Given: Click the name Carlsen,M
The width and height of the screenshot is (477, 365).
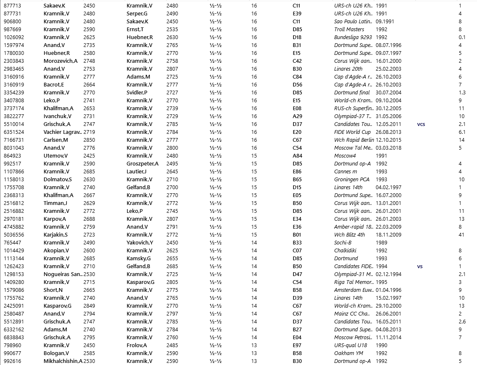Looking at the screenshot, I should click(56, 140).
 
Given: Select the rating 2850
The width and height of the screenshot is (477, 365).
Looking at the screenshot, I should click(89, 140).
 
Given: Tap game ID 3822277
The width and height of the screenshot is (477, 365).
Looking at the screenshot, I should click(14, 116).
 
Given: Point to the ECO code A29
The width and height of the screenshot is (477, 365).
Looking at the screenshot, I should click(297, 116).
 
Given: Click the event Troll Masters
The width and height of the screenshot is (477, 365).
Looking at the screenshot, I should click(349, 30).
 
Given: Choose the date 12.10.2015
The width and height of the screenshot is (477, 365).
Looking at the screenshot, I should click(389, 140).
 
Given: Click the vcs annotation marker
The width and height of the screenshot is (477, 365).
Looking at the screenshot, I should click(421, 124).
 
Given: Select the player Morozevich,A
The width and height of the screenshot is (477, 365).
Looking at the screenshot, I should click(60, 61).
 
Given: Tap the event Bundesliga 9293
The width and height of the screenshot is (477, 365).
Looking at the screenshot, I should click(353, 37).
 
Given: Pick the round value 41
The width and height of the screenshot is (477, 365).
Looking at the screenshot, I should click(461, 235).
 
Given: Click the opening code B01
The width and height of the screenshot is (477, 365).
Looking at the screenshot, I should click(297, 235).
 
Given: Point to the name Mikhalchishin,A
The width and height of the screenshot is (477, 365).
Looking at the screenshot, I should click(63, 361).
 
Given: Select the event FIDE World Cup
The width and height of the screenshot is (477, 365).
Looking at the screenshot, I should click(352, 132).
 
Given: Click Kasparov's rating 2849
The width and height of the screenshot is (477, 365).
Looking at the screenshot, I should click(89, 306).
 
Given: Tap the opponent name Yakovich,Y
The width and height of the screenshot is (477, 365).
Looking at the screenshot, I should click(140, 243).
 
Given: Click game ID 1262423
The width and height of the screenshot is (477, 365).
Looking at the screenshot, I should click(14, 266).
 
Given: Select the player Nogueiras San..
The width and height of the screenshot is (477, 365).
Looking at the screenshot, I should click(63, 274).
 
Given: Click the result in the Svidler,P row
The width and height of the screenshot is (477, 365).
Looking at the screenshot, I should click(216, 93).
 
